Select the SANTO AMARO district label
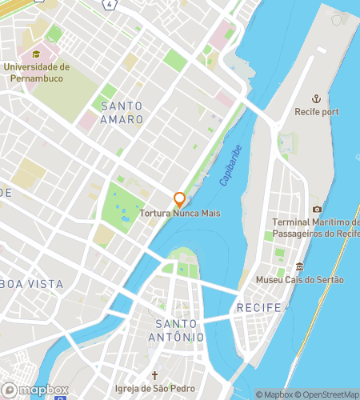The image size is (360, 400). click(x=122, y=113)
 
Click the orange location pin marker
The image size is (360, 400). click(x=180, y=199)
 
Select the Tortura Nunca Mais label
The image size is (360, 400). click(x=180, y=214)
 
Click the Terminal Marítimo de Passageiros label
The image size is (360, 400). click(x=315, y=227)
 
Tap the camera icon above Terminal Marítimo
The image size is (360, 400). click(x=317, y=209)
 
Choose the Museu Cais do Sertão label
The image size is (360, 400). click(x=299, y=280)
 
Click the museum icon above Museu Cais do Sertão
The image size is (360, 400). click(x=300, y=266)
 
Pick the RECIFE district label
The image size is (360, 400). click(x=258, y=308)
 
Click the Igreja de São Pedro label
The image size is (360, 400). click(x=157, y=390)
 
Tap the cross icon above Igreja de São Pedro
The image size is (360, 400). click(x=157, y=375)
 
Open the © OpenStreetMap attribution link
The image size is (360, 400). click(x=330, y=394)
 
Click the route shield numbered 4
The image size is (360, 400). click(x=109, y=4)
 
